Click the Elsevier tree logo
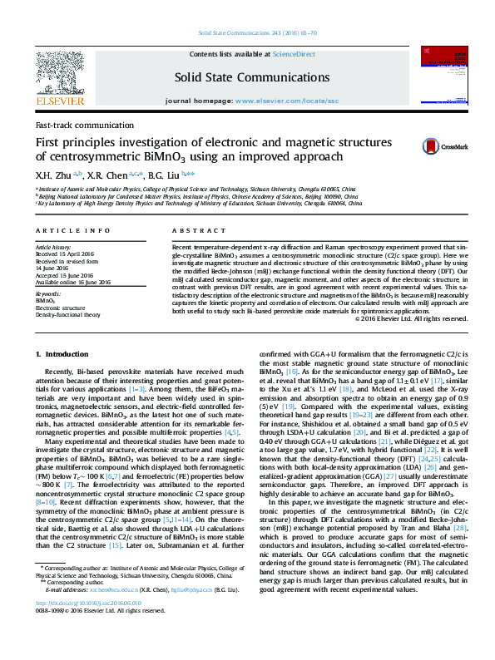60,75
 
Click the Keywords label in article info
48,293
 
